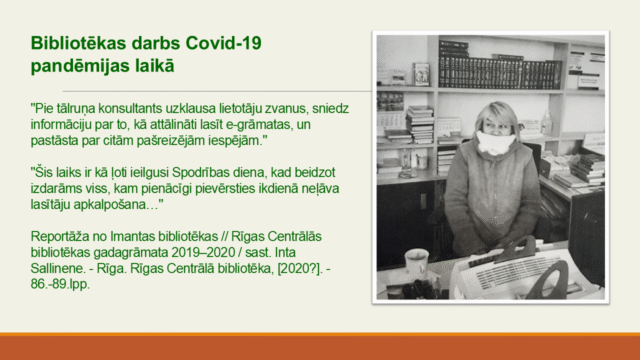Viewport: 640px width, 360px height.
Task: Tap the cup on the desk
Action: point(416,263)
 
